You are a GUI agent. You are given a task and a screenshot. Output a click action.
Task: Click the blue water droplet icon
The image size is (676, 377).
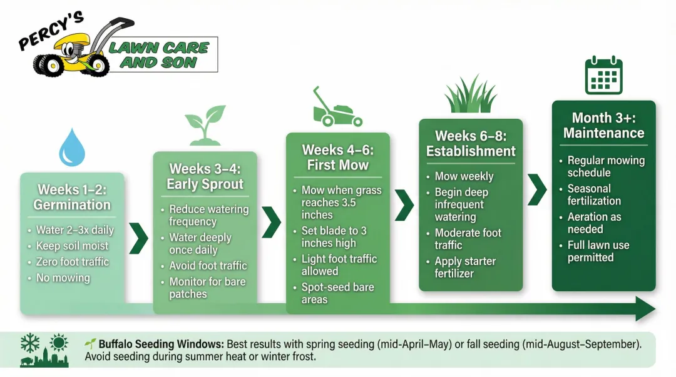pos(71,148)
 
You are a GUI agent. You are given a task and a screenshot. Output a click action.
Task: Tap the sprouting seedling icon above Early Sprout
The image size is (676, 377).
pos(205,125)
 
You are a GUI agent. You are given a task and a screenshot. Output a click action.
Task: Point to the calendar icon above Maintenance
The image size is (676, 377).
pos(603,76)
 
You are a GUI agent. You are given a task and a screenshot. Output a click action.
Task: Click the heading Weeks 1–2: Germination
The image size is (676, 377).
pos(72,197)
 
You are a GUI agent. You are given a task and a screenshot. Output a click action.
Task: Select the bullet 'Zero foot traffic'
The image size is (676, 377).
pos(72,262)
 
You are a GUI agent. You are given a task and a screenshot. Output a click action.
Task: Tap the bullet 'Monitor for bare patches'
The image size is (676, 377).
pos(207,288)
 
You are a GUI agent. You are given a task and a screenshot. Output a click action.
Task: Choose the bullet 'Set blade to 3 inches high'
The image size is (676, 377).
pos(334,237)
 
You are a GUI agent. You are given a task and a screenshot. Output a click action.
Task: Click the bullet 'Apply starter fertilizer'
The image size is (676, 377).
pos(465,267)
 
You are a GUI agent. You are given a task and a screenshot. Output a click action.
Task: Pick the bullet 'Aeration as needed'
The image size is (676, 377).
pos(594,223)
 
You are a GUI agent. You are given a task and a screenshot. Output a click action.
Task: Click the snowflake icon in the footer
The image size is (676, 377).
pos(30,343)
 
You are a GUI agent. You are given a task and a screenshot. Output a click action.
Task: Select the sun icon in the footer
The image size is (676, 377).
pos(58,343)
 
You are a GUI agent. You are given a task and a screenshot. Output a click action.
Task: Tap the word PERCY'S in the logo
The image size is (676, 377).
pos(51,31)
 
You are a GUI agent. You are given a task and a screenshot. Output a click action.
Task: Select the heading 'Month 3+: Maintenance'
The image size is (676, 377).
pos(603,125)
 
